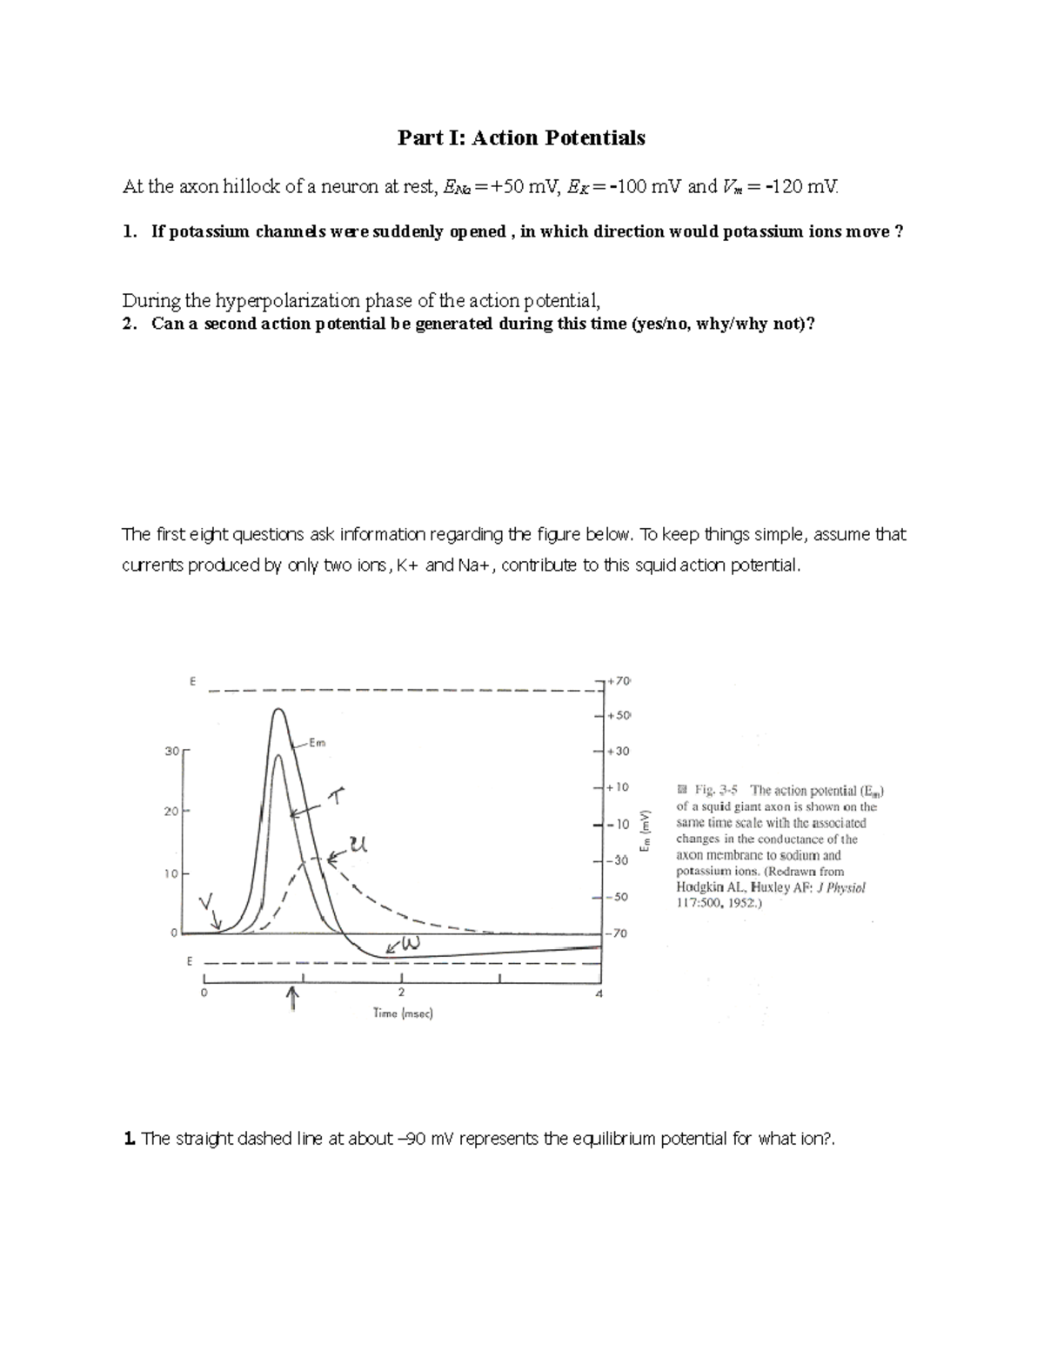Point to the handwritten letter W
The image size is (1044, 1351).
[411, 944]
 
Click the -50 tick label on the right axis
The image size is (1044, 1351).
[617, 896]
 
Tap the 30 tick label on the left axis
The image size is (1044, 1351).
[171, 750]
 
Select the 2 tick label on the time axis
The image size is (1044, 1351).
[401, 993]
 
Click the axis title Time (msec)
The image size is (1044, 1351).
[403, 1013]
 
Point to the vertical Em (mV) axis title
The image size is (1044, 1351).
[645, 831]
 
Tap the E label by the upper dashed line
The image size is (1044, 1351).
[191, 680]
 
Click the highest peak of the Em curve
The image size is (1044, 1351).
[278, 710]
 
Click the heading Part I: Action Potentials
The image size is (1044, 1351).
[521, 137]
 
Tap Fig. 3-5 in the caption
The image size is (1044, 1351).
[716, 791]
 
